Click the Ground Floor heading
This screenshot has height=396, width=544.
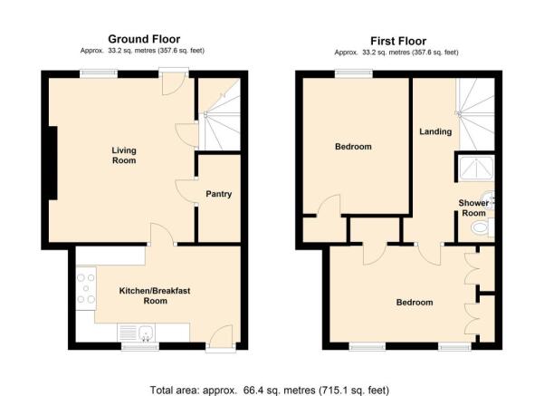pos(144,39)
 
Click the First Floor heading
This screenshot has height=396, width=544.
pos(398,41)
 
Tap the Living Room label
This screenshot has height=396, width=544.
pos(124,155)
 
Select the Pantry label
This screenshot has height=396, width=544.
pos(218,194)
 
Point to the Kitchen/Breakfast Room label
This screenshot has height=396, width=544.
pos(155,295)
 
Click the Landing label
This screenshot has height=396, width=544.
pos(435,131)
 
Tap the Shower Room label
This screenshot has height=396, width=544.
pos(473,208)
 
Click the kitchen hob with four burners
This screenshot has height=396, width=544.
pos(86,288)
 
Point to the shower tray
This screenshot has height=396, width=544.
pos(476,169)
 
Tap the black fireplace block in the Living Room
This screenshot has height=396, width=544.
pos(52,163)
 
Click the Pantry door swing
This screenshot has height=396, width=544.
pos(186,190)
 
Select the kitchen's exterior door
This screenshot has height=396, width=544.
pos(221,336)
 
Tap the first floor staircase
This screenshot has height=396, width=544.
pos(475,114)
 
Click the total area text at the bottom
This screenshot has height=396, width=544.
pos(270,390)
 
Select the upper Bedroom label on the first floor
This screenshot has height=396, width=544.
pos(353,147)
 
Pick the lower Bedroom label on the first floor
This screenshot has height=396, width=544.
pos(415,303)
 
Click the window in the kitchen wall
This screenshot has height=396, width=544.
pos(139,346)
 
